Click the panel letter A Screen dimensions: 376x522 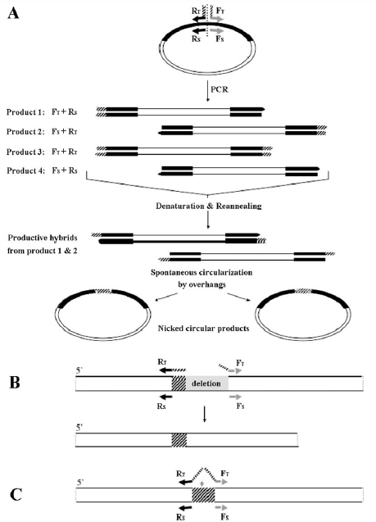pyautogui.click(x=13, y=14)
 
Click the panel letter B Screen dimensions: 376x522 pyautogui.click(x=15, y=383)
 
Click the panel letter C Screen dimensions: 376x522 pyautogui.click(x=16, y=495)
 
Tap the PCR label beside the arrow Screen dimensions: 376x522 pyautogui.click(x=220, y=89)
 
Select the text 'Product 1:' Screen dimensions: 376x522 pyautogui.click(x=25, y=111)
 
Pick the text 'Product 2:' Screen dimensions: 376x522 pyautogui.click(x=25, y=131)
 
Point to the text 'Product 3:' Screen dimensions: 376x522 pyautogui.click(x=25, y=152)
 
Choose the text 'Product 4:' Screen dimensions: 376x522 pyautogui.click(x=25, y=170)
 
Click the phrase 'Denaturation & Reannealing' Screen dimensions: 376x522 pyautogui.click(x=209, y=206)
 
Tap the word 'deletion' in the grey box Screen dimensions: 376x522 pyautogui.click(x=206, y=384)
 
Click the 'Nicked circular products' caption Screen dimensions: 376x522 pyautogui.click(x=203, y=329)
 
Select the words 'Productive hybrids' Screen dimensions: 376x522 pyautogui.click(x=43, y=238)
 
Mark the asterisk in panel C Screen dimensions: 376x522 pyautogui.click(x=202, y=483)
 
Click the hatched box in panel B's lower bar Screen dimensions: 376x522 pyautogui.click(x=179, y=439)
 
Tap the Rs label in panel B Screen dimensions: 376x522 pyautogui.click(x=161, y=406)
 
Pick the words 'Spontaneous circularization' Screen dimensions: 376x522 pyautogui.click(x=202, y=273)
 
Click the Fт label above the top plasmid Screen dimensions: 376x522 pyautogui.click(x=220, y=10)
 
